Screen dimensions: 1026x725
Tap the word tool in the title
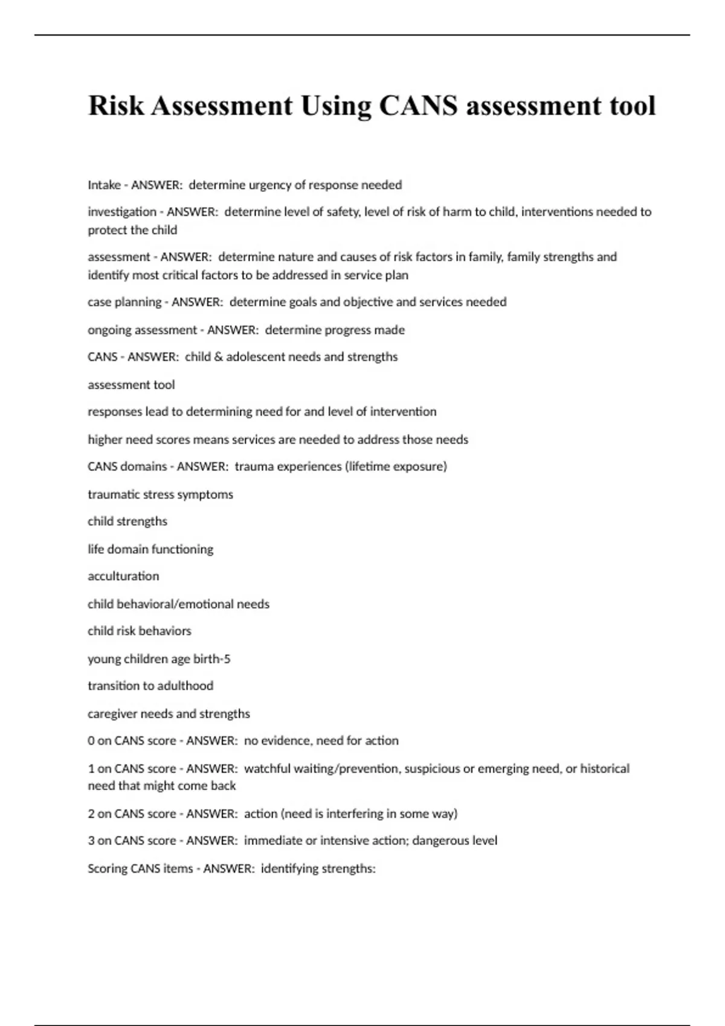point(633,106)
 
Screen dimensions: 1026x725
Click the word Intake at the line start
point(104,185)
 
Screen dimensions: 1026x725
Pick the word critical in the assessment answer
point(181,275)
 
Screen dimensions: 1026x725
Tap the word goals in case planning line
point(298,302)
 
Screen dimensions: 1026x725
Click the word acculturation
point(123,576)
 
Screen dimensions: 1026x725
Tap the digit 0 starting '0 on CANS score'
point(91,741)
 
